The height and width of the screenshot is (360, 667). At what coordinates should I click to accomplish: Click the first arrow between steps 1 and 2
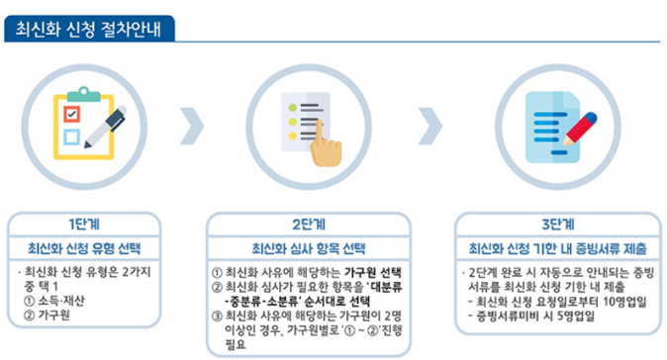(x=193, y=126)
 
